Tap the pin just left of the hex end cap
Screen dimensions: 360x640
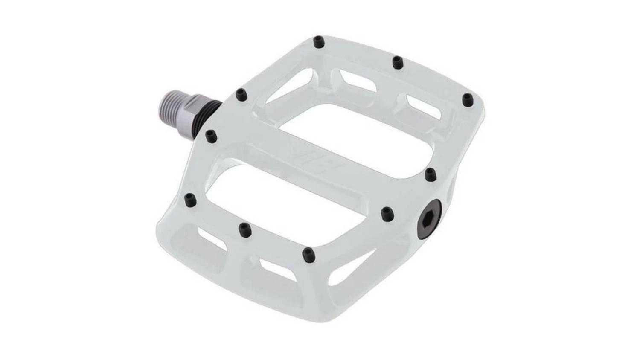[387, 212]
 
